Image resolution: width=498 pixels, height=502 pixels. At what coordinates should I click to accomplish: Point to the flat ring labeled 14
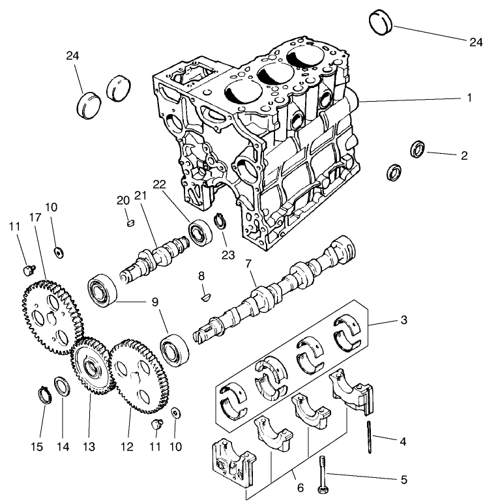click(x=61, y=386)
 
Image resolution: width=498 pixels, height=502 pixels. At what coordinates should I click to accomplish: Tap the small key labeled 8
click(x=205, y=295)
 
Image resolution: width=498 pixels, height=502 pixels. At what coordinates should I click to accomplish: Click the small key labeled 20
click(x=129, y=222)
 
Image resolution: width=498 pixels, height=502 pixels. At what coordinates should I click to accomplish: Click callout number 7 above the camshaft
click(x=248, y=264)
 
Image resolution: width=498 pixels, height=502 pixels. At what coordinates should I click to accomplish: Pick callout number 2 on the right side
click(x=463, y=156)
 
